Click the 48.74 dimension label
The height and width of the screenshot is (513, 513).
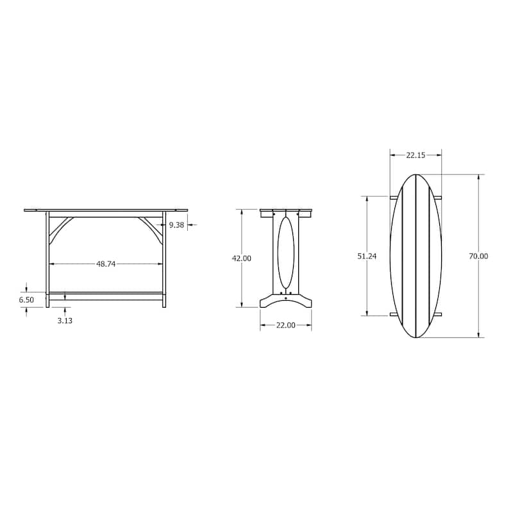[x=106, y=264]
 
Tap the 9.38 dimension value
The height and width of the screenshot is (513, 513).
[x=176, y=225]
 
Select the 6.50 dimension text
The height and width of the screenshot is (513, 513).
[x=26, y=299]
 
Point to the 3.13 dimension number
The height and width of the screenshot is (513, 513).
[x=65, y=321]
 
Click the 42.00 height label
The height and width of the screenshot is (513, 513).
[x=242, y=258]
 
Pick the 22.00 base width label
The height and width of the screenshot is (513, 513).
[x=285, y=325]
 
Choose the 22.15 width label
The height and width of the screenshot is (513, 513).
[x=416, y=155]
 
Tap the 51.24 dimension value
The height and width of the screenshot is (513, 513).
[x=367, y=256]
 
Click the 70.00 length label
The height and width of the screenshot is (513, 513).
[x=478, y=256]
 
